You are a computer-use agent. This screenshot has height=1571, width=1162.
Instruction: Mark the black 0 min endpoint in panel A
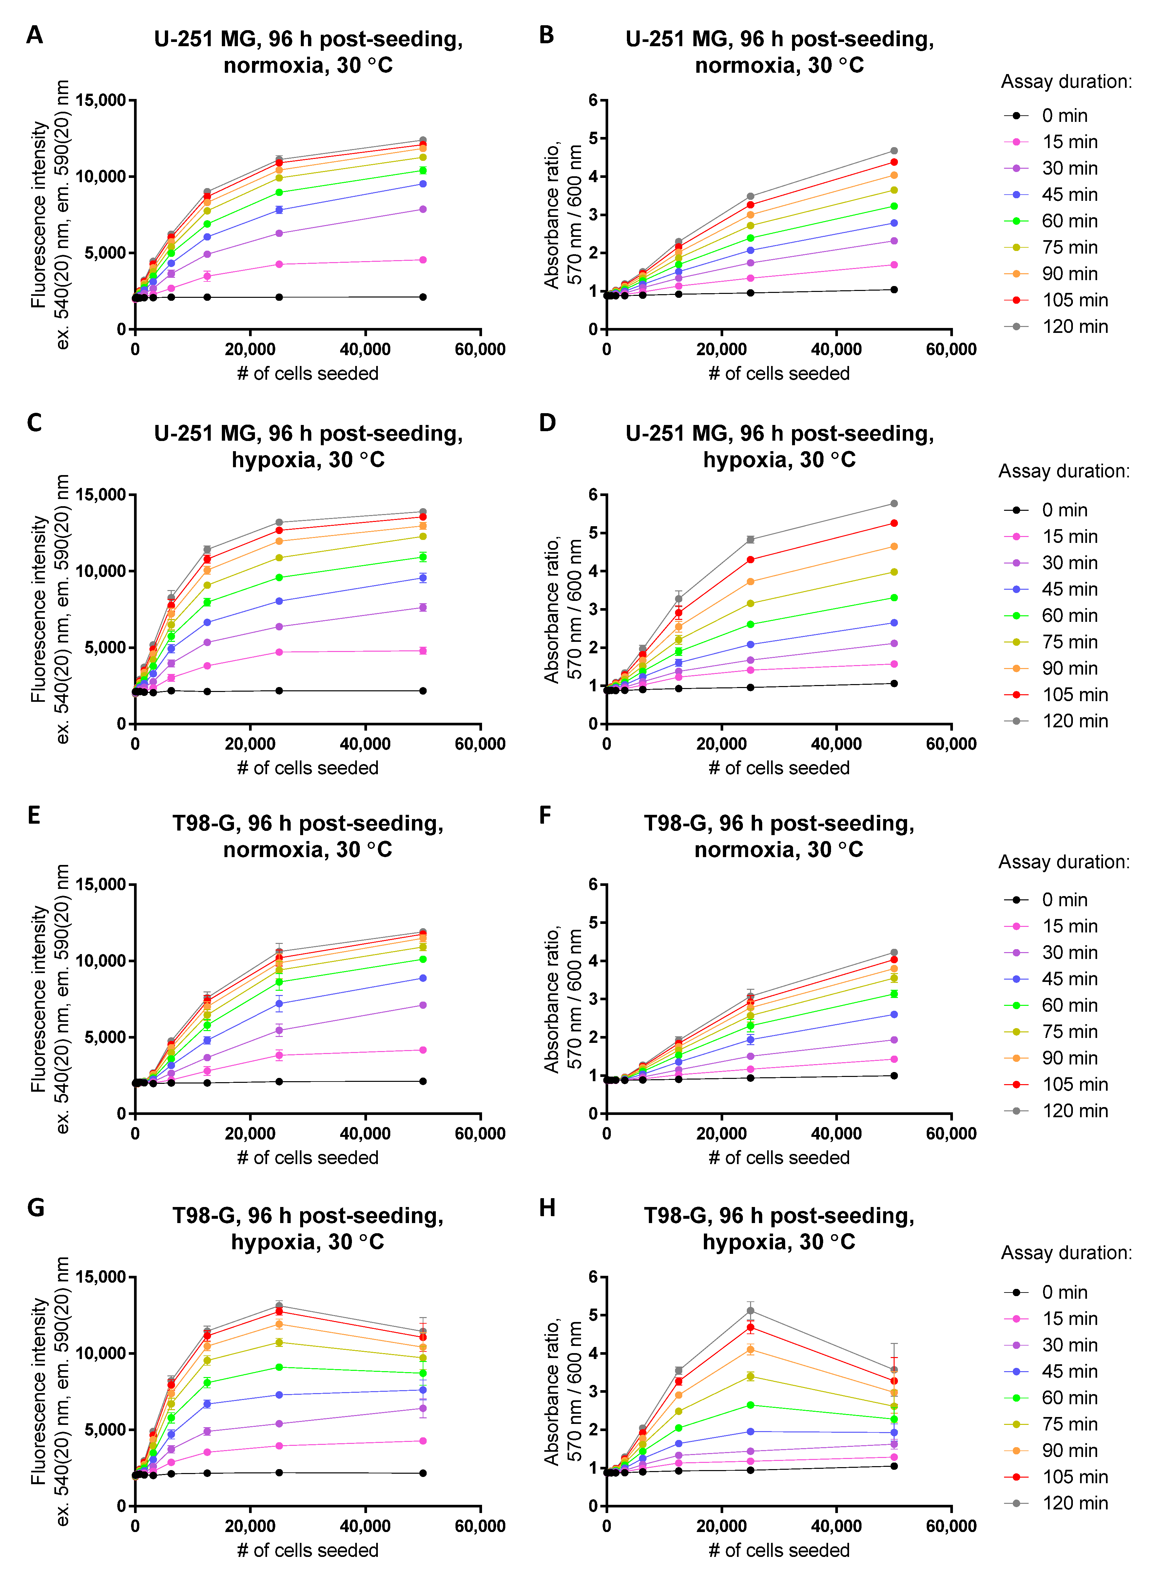pos(423,297)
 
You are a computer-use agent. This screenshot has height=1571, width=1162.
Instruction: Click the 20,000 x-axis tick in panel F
pos(722,1134)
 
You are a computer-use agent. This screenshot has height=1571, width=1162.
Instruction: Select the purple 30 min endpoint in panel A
pos(423,209)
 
